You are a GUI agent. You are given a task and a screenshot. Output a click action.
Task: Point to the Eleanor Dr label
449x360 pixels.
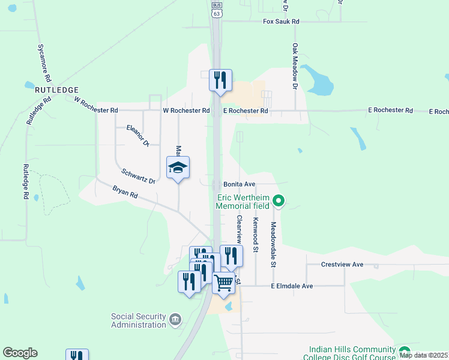(x=137, y=136)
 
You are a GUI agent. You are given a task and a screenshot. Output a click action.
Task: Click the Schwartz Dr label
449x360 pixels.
(x=138, y=176)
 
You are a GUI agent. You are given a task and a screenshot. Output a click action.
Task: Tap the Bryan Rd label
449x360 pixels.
(x=125, y=196)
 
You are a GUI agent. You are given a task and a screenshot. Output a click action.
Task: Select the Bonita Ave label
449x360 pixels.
(x=240, y=184)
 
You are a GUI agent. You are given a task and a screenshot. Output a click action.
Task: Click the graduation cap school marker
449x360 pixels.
(x=178, y=169)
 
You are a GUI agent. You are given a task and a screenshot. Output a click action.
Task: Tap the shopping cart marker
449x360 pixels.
(x=223, y=282)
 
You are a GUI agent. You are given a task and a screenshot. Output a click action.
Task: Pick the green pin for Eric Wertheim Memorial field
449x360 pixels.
(x=277, y=200)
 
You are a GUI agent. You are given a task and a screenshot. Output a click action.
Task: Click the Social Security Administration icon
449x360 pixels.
(x=175, y=319)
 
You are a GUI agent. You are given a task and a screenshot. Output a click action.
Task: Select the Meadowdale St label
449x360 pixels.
(x=273, y=244)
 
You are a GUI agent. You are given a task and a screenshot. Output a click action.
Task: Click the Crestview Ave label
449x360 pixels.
(x=342, y=264)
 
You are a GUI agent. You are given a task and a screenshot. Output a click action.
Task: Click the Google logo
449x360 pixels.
(x=20, y=353)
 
